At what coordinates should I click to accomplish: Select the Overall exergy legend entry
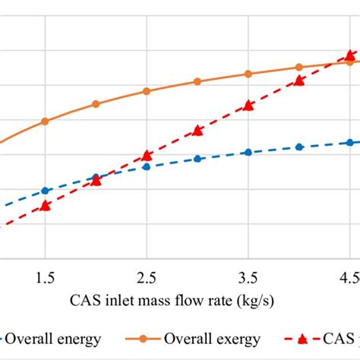[215, 339]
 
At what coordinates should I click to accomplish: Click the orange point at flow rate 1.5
[46, 121]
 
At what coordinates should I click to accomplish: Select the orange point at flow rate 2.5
[147, 91]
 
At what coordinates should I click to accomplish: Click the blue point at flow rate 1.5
[46, 191]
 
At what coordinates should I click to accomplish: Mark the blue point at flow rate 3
[197, 159]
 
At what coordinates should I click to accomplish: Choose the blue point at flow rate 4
[299, 147]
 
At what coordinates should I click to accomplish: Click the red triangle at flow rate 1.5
[46, 206]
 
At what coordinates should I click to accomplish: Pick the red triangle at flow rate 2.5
[147, 156]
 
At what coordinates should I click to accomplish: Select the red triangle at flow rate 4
[299, 80]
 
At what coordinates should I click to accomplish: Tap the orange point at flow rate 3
[197, 81]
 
